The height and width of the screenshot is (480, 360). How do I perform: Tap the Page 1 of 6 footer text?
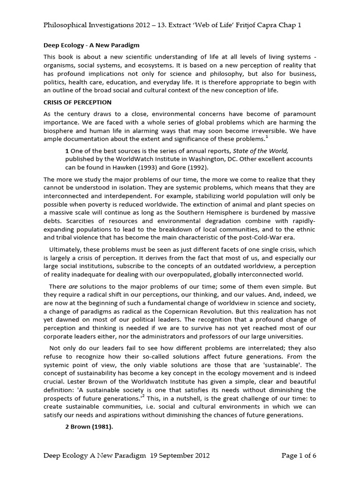pyautogui.click(x=299, y=455)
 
